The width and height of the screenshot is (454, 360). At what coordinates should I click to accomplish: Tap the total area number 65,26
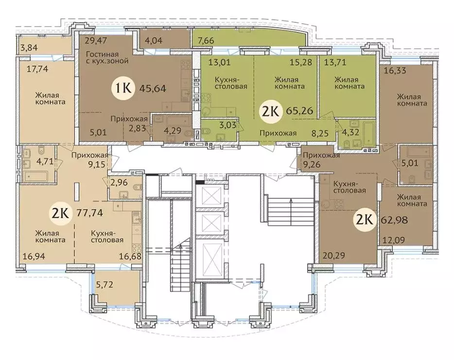pos(299,111)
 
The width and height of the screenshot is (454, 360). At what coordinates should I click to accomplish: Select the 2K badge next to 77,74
pos(61,214)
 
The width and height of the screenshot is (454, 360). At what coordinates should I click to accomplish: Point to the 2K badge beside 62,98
pos(365,220)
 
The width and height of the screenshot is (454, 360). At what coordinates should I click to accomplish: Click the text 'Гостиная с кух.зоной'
pos(107,58)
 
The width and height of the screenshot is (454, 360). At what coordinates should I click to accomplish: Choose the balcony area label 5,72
pos(104,285)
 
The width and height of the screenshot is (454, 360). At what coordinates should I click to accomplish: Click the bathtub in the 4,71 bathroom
pos(35,176)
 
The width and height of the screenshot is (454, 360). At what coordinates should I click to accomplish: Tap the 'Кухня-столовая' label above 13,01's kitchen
pos(231,83)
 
